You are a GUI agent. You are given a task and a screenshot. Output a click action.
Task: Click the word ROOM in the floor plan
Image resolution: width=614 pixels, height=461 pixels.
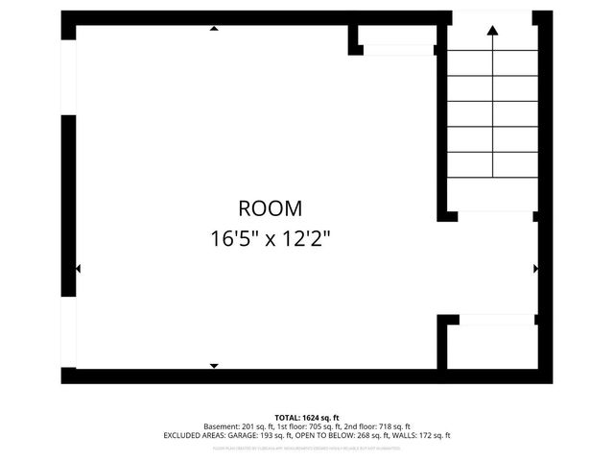tap(270, 207)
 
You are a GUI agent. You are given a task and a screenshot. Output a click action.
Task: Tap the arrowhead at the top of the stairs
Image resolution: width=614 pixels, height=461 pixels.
tap(492, 31)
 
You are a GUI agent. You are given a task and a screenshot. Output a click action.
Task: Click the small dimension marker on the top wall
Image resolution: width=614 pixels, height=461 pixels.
tap(213, 29)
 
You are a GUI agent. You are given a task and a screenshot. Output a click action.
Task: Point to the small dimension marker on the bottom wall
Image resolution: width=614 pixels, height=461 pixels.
tap(213, 366)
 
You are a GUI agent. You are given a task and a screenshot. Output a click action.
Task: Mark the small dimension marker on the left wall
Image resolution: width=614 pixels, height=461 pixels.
tap(78, 270)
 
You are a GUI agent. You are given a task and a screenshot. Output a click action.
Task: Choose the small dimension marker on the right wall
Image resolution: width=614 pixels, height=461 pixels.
tap(535, 269)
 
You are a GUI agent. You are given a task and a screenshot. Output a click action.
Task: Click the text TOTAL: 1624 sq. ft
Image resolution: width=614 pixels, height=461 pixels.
tap(307, 417)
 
